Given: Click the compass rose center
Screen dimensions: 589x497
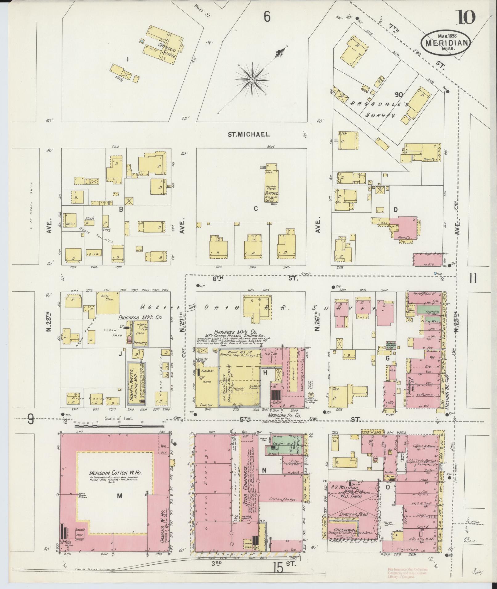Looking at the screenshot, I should [252, 80].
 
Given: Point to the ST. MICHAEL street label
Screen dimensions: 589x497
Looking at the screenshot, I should [249, 134].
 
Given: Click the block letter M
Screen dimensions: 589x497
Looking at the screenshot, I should [120, 495].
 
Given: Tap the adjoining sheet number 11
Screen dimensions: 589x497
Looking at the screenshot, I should [473, 278].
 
